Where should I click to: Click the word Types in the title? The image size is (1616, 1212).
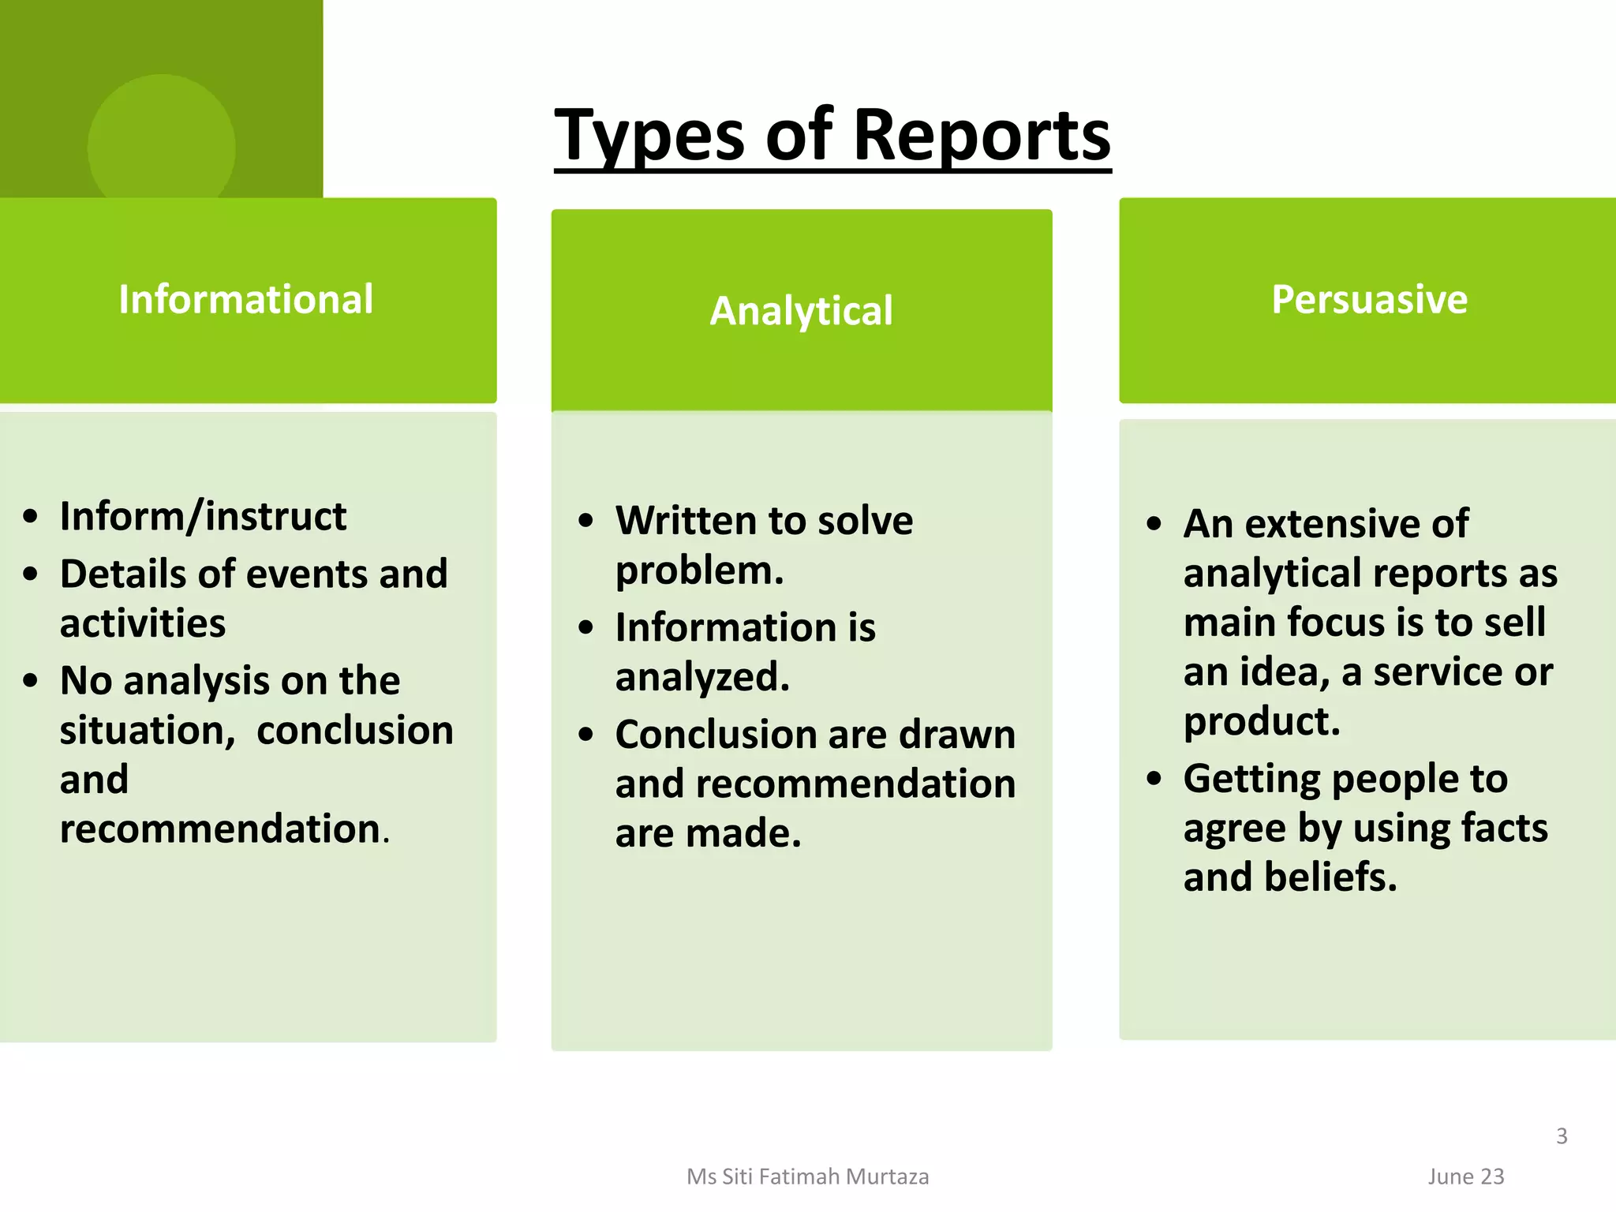[x=649, y=136]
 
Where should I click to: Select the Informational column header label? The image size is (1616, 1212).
[x=245, y=300]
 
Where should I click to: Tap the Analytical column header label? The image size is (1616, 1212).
[x=801, y=311]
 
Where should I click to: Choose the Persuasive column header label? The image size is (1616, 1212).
[x=1369, y=300]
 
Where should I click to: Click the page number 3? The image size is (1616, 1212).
[x=1562, y=1135]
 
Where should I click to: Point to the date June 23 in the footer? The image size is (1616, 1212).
[x=1465, y=1176]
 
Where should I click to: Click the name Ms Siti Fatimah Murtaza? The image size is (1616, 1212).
[x=807, y=1176]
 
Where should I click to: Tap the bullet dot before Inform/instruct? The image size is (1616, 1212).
[x=31, y=517]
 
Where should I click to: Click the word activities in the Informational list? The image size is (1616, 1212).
[x=143, y=623]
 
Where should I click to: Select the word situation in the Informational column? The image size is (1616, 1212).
[x=147, y=731]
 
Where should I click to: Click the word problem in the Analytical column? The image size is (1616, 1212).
[x=698, y=570]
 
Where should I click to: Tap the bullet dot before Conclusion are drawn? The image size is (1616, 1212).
[x=585, y=735]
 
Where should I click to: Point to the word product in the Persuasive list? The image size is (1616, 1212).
[x=1260, y=721]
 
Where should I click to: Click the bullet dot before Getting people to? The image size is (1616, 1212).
[x=1154, y=779]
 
